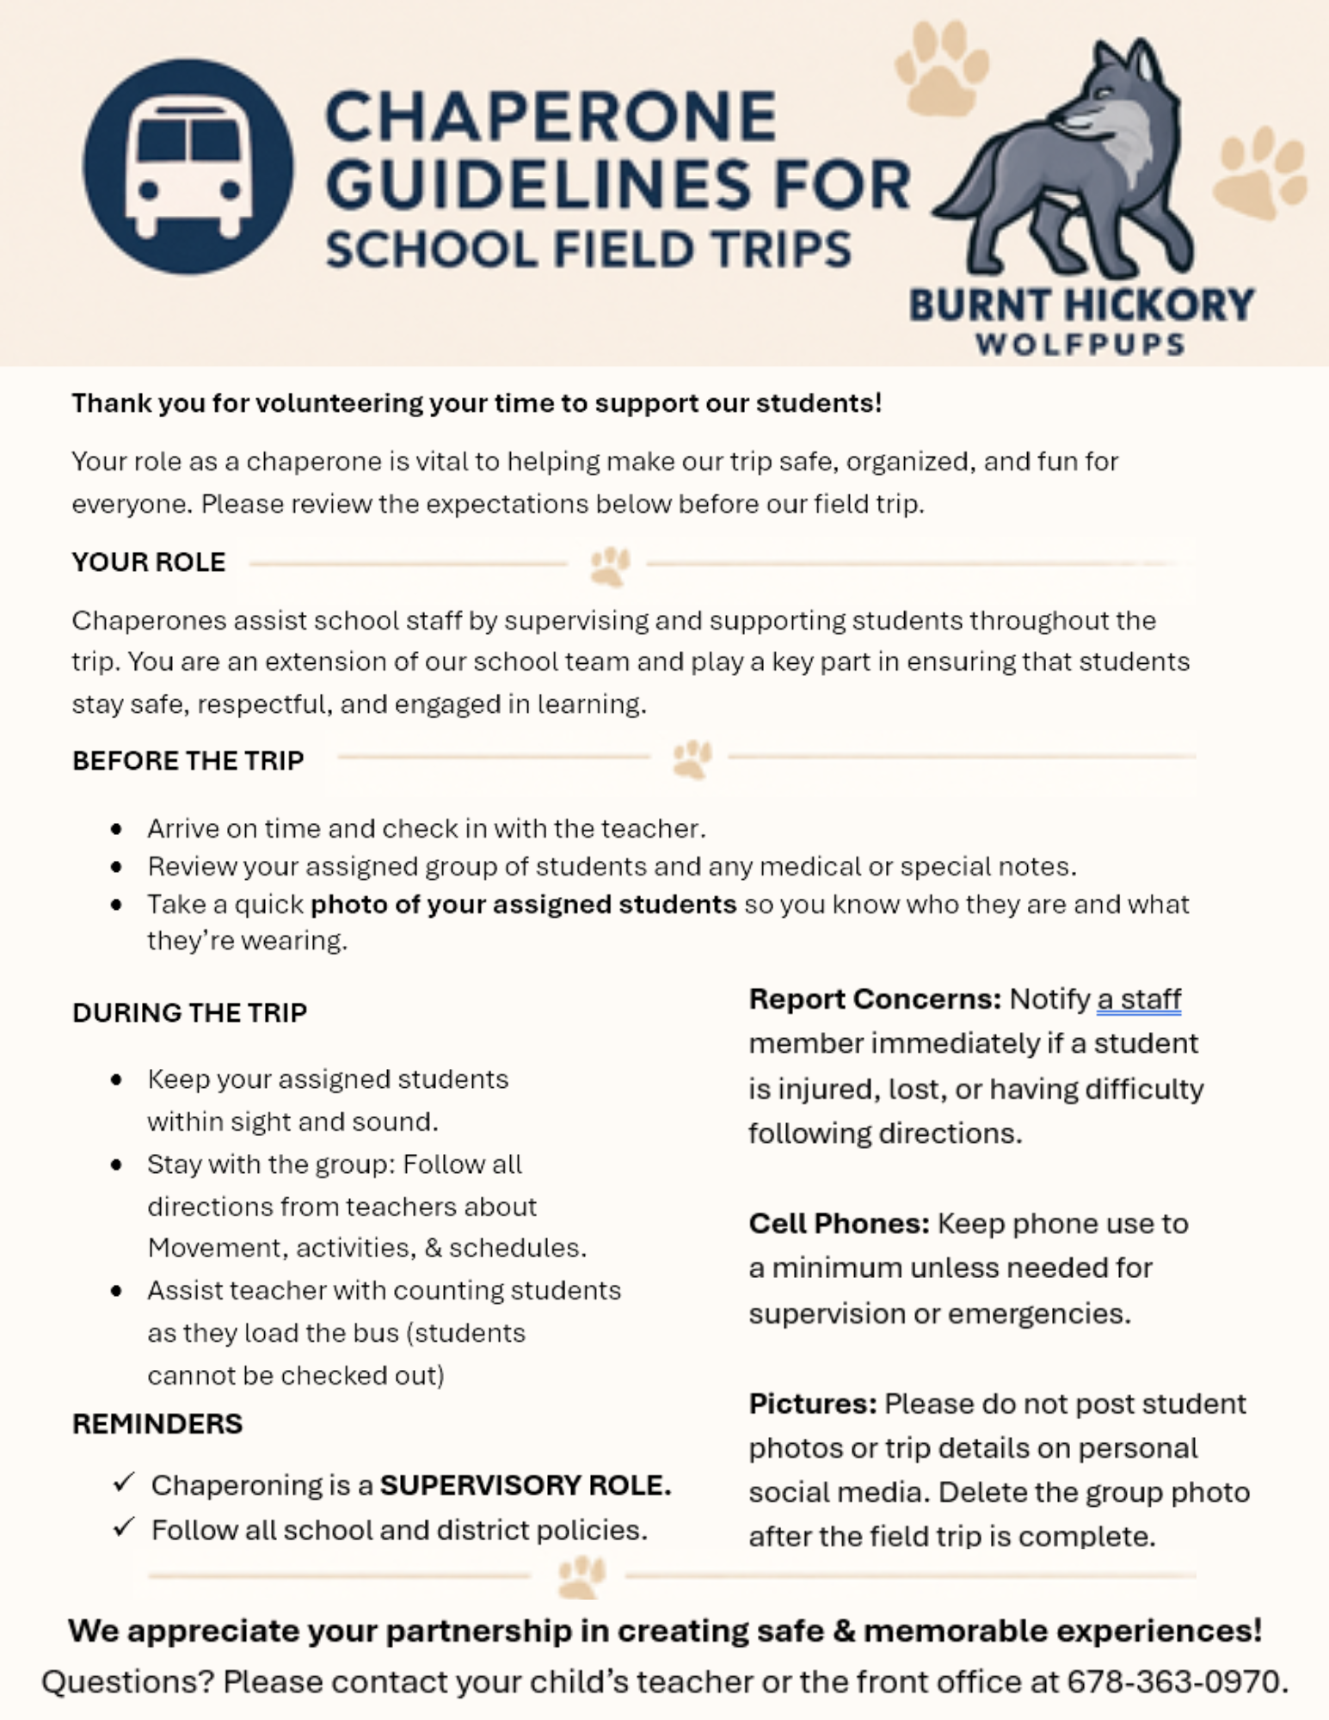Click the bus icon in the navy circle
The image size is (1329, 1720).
pos(188,167)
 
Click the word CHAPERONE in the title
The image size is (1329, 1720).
pos(551,117)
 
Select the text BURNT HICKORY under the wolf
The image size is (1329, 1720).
pos(1081,305)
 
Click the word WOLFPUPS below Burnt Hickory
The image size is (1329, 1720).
pos(1080,345)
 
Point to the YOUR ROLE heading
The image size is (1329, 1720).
pos(149,562)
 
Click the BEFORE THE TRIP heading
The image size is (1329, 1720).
pos(188,761)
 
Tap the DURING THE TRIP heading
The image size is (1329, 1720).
pos(190,1013)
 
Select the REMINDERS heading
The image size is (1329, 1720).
pos(157,1424)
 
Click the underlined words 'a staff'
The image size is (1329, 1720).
pos(1138,999)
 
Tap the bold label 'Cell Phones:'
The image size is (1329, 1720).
pos(839,1224)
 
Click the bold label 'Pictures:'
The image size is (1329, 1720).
pos(812,1404)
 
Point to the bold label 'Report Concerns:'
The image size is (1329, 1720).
pos(875,999)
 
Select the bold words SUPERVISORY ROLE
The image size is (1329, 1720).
pos(525,1485)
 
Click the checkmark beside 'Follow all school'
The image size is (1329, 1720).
pos(125,1527)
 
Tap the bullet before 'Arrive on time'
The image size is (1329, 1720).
pos(117,829)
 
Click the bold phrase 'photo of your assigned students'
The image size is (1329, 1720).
pos(523,905)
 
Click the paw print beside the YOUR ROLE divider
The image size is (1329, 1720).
pos(610,566)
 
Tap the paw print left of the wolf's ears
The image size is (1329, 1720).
pos(941,69)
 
